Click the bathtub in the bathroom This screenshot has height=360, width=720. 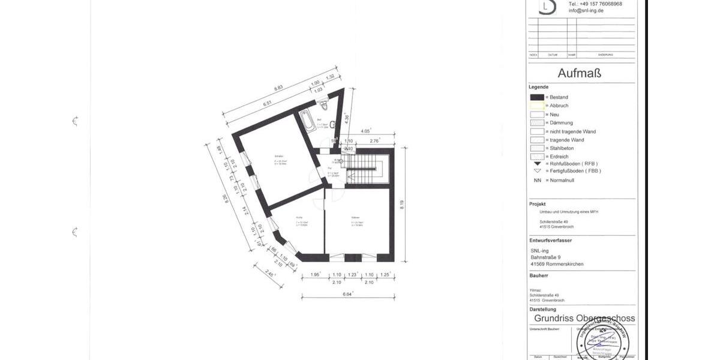coord(307,120)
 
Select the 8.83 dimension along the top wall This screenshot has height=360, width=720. coord(278,88)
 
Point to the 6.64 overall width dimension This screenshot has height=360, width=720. coord(347,293)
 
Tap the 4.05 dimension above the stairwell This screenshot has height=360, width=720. coord(365,130)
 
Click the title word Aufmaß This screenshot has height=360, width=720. coord(579,73)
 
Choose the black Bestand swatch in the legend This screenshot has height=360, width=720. coord(537,97)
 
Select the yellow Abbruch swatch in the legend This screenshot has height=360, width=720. coord(537,106)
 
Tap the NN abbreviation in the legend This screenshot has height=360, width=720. coord(537,180)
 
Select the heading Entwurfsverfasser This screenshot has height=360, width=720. coord(551,240)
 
